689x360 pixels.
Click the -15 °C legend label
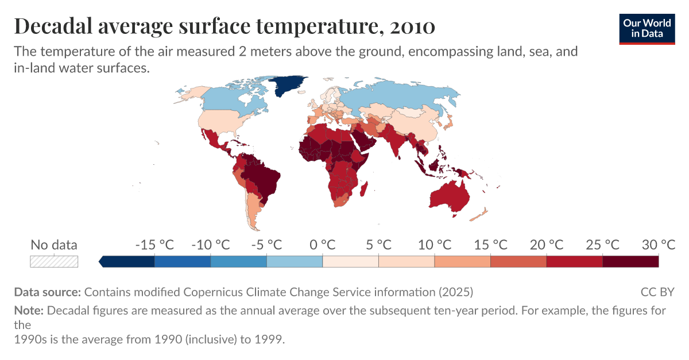(x=154, y=245)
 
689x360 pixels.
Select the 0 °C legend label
(x=323, y=245)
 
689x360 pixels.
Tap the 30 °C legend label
(x=658, y=245)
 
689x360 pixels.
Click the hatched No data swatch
(x=54, y=261)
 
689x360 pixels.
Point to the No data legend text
(x=54, y=245)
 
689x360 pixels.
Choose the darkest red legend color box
(x=630, y=261)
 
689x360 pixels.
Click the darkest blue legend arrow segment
(x=127, y=261)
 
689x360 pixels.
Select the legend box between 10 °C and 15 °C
(x=462, y=261)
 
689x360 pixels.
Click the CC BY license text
(x=657, y=292)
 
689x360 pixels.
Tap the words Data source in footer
(x=47, y=292)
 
